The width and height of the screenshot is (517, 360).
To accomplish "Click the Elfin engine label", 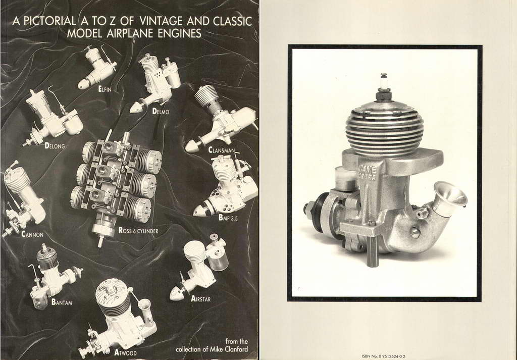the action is point(105,89).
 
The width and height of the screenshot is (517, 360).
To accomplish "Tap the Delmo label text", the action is point(161,112).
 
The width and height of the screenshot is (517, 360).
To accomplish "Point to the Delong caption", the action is point(55,145).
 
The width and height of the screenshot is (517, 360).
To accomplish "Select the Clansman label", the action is point(222,150).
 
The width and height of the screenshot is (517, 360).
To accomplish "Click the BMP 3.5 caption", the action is point(228,218).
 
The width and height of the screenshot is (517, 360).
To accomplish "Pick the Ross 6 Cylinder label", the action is point(138,230).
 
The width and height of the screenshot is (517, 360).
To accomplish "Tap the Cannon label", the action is point(32,235).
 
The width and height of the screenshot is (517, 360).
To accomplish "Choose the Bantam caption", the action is point(62,302).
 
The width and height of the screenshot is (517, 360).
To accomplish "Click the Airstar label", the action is point(200,299).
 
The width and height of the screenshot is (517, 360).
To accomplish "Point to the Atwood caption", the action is point(125,353).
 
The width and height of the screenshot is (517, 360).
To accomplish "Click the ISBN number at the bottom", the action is point(383,356).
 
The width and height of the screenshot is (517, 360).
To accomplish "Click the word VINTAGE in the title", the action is point(161,21).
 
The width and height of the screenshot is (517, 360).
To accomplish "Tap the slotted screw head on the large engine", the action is point(415,232).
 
